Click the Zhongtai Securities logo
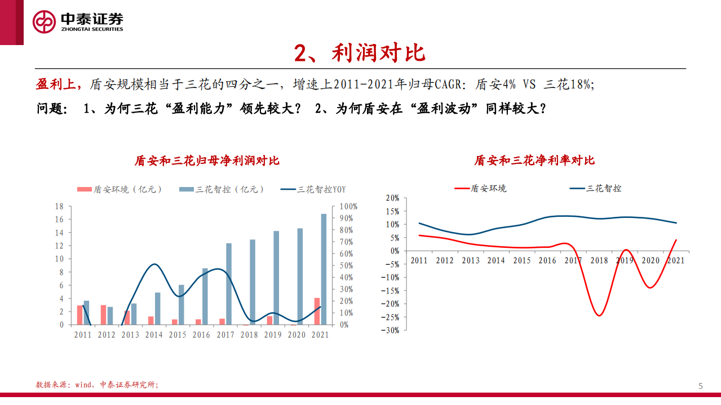pyautogui.click(x=78, y=22)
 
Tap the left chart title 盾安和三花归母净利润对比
pyautogui.click(x=207, y=161)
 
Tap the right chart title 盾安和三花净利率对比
pyautogui.click(x=534, y=161)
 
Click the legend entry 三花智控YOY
pyautogui.click(x=314, y=189)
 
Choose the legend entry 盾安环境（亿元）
pyautogui.click(x=120, y=189)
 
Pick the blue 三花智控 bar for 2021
pyautogui.click(x=324, y=269)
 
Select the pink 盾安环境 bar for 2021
pyautogui.click(x=317, y=311)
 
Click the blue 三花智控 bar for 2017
pyautogui.click(x=229, y=284)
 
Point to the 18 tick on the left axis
pyautogui.click(x=59, y=206)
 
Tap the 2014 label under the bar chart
pyautogui.click(x=154, y=335)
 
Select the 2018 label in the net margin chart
pyautogui.click(x=599, y=260)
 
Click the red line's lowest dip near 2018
pyautogui.click(x=599, y=315)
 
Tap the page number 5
pyautogui.click(x=701, y=386)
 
